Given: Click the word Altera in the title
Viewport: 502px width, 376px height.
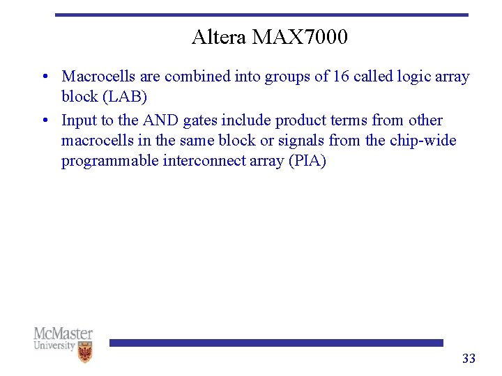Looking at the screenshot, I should [x=219, y=37].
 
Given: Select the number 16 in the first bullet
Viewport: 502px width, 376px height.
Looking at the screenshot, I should [x=341, y=77].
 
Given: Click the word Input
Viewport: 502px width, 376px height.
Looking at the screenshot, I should [x=79, y=120].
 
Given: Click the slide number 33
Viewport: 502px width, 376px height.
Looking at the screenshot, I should [x=469, y=359].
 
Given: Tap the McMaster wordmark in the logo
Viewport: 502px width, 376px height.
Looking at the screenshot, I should [x=63, y=334].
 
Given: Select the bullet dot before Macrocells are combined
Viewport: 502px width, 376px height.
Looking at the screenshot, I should [x=44, y=77].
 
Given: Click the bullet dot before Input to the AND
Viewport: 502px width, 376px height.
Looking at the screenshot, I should [x=44, y=120].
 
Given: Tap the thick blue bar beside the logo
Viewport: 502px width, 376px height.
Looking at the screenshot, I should [x=276, y=343].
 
